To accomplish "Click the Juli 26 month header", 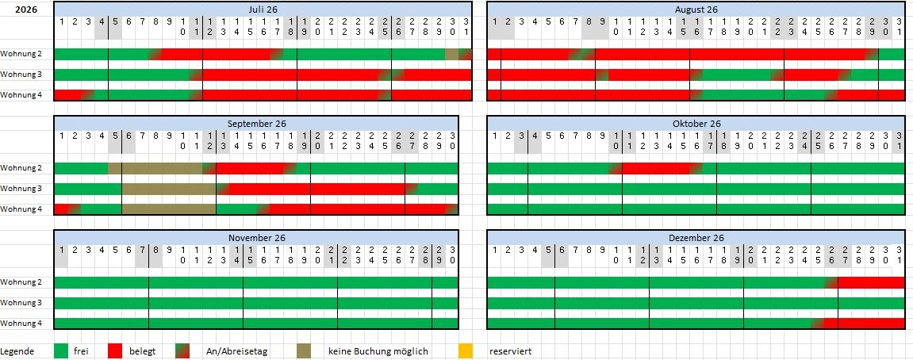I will [x=263, y=9].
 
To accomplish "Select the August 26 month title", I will [x=696, y=9].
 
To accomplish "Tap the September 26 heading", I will [x=256, y=124].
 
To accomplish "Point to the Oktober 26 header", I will [x=696, y=124].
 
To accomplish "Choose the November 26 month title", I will [x=256, y=238].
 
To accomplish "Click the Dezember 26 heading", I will [x=696, y=238].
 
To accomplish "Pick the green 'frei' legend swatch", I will [x=60, y=350].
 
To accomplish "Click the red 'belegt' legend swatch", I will [x=115, y=350].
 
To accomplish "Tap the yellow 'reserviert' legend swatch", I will [x=466, y=350].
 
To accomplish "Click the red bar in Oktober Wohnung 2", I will [x=655, y=168].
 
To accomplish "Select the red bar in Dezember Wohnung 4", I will [x=871, y=324].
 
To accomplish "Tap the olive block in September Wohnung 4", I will [x=168, y=209].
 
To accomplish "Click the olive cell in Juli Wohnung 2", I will [x=451, y=54].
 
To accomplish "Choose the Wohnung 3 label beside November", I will [x=21, y=303].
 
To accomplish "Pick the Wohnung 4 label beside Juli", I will [x=21, y=95].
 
